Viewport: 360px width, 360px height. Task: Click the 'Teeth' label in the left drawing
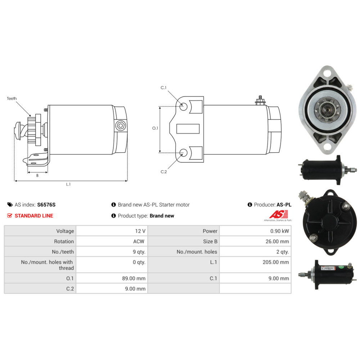pos(12,99)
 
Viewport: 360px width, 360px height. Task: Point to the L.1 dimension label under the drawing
pos(68,184)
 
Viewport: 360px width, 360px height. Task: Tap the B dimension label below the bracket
pos(37,175)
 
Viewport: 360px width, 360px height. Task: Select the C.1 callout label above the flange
pos(163,88)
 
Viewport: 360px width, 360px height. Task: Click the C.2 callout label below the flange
pos(164,172)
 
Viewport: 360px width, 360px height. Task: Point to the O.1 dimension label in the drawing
pos(155,128)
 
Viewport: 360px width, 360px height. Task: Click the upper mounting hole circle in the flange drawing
pos(183,106)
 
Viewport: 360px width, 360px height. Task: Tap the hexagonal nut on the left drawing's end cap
pos(121,126)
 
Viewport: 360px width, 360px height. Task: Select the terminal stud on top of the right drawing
pos(260,100)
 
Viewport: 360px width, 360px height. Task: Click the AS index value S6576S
pos(46,205)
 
